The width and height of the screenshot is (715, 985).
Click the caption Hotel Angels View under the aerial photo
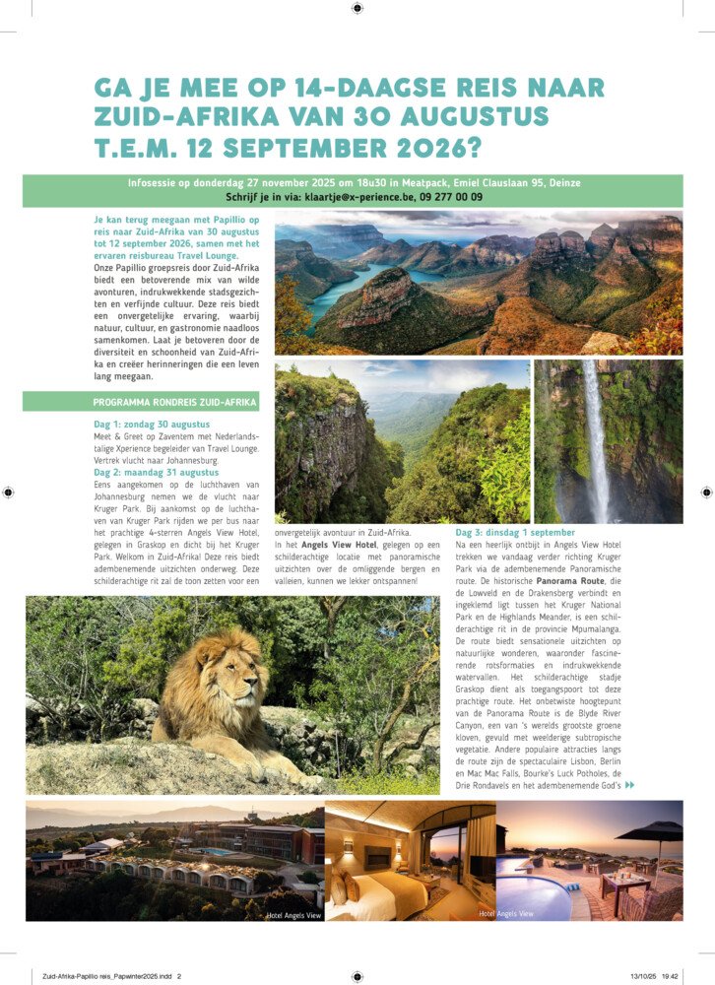tap(293, 915)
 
